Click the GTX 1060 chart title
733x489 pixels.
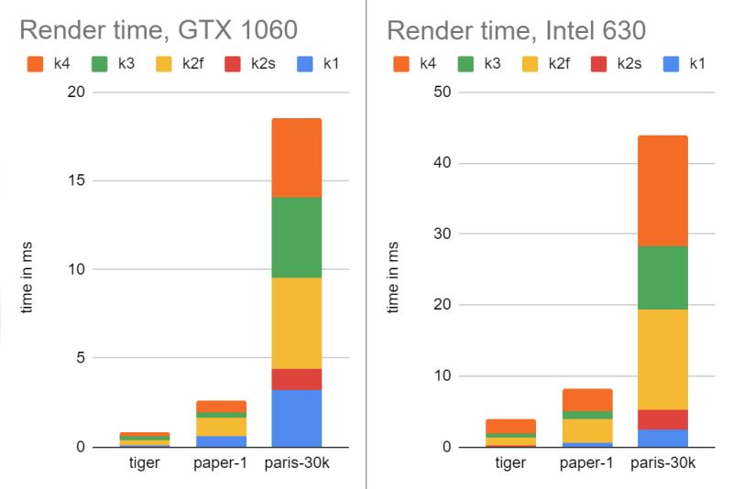(158, 30)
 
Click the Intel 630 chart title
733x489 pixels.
(516, 30)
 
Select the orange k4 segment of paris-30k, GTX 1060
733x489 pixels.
(296, 158)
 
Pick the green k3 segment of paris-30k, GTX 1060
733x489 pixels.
(296, 237)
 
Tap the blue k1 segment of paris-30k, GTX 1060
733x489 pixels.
(296, 418)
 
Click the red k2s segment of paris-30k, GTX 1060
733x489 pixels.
(296, 379)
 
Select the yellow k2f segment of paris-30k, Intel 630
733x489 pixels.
(662, 359)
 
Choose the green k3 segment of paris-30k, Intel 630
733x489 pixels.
(662, 277)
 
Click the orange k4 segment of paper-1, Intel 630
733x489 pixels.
(587, 399)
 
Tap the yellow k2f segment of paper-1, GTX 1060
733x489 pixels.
(221, 426)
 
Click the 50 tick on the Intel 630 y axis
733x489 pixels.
(441, 92)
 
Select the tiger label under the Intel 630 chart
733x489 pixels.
(510, 463)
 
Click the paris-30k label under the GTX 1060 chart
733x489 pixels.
(297, 463)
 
